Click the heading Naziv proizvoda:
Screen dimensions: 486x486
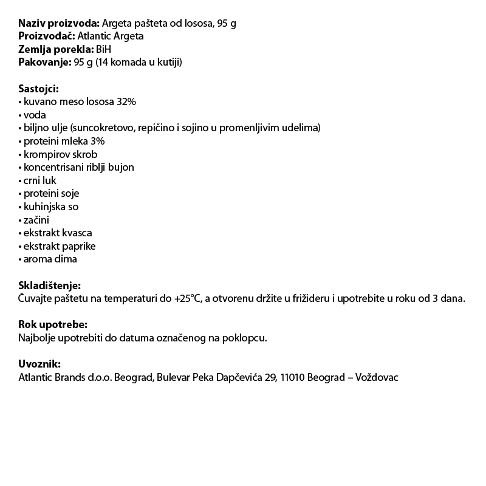coord(59,23)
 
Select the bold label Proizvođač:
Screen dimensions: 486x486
coord(47,36)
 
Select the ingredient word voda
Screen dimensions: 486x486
coord(35,115)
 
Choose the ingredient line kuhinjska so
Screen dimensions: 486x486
coord(51,207)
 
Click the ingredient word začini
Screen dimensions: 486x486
coord(37,220)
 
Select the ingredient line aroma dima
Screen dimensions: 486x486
coord(50,259)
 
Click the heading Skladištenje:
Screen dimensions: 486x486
coord(49,286)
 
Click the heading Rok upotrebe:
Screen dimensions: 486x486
coord(53,325)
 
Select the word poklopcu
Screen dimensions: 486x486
coord(244,338)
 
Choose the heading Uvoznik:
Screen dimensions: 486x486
coord(39,364)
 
